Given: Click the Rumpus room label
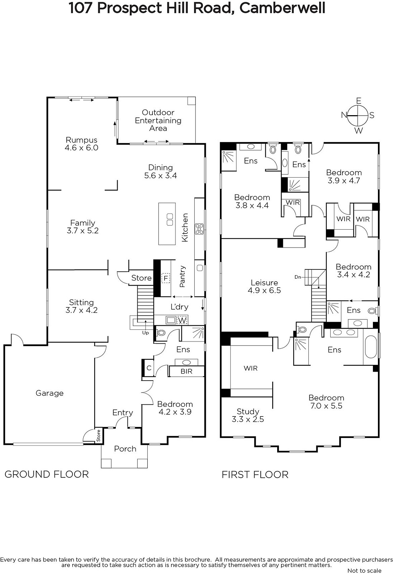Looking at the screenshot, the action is pyautogui.click(x=81, y=140).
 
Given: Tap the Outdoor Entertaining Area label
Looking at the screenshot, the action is pyautogui.click(x=158, y=120).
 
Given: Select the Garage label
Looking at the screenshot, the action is pyautogui.click(x=49, y=393).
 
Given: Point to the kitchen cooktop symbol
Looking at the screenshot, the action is pyautogui.click(x=199, y=229).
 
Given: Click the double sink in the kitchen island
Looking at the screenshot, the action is pyautogui.click(x=170, y=219).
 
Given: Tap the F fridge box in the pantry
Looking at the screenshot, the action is pyautogui.click(x=166, y=278).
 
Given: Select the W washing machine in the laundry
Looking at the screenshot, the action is pyautogui.click(x=182, y=320).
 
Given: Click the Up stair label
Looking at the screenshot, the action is pyautogui.click(x=145, y=333).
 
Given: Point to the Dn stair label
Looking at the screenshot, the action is pyautogui.click(x=298, y=277).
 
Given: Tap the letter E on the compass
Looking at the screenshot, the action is pyautogui.click(x=359, y=101).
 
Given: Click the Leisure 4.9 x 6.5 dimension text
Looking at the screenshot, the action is pyautogui.click(x=264, y=290).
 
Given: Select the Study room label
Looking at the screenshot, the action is pyautogui.click(x=248, y=411).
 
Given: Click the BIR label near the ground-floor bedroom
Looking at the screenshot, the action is pyautogui.click(x=186, y=371).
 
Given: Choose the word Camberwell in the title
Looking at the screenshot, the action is pyautogui.click(x=282, y=8).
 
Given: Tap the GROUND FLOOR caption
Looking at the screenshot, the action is pyautogui.click(x=47, y=474).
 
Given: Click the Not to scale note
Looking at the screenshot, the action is pyautogui.click(x=364, y=571).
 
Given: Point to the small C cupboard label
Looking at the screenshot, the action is pyautogui.click(x=149, y=368).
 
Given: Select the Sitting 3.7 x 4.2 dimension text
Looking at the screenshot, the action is pyautogui.click(x=81, y=310).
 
